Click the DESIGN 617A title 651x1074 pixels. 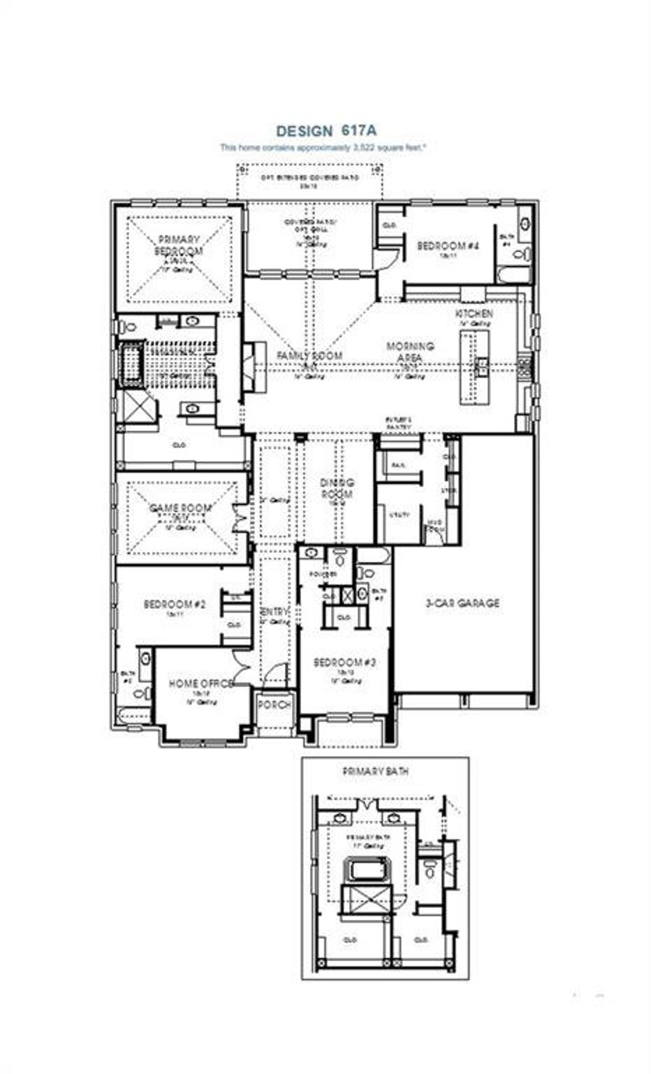coord(326,131)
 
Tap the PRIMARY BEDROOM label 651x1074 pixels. coord(179,245)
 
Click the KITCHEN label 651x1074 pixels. coord(474,313)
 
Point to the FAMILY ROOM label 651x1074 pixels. coord(309,355)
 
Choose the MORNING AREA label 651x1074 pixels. coord(410,352)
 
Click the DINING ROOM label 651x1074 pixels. coord(337,488)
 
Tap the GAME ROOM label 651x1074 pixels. coord(180,508)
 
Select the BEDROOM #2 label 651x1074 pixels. coord(174,604)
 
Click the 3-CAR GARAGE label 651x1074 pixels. coord(462,603)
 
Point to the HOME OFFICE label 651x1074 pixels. coord(201,683)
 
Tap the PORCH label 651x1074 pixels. coord(275,705)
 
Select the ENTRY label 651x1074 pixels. coord(275,612)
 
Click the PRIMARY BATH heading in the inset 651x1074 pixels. coord(376,771)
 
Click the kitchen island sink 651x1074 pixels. coord(480,365)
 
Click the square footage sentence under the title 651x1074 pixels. coord(323,148)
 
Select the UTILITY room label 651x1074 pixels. coord(399,515)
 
